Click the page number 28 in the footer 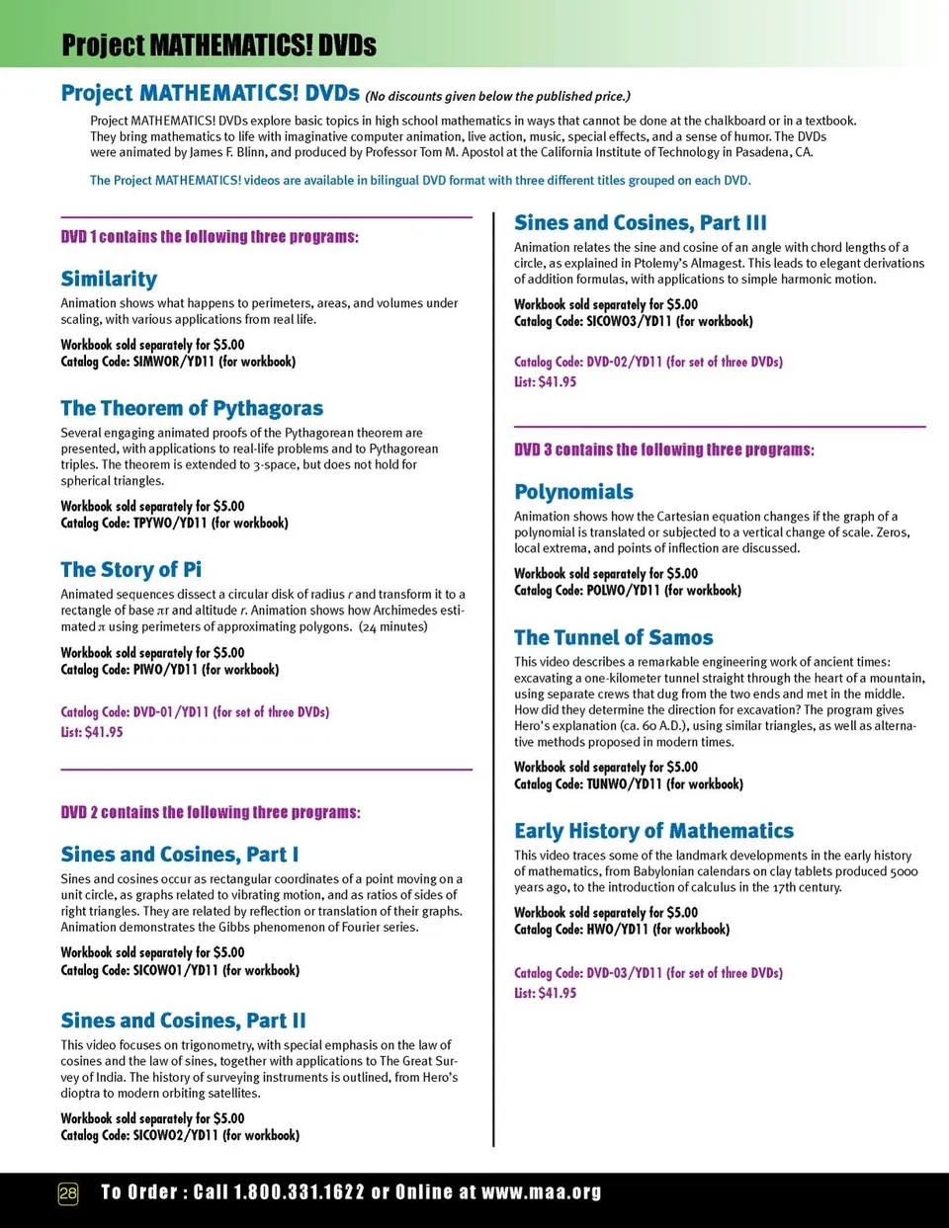68,1192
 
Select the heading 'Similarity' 109,279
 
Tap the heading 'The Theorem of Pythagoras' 192,408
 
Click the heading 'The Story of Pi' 130,569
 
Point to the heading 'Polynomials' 573,492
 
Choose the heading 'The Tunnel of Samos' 613,637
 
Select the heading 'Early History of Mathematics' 653,831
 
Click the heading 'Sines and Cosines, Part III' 640,222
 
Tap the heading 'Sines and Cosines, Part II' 183,1021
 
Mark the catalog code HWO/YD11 617,930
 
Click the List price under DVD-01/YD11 92,732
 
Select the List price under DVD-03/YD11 545,993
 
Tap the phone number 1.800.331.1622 299,1192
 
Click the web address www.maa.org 541,1192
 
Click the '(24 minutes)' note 392,626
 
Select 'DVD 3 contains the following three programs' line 664,450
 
